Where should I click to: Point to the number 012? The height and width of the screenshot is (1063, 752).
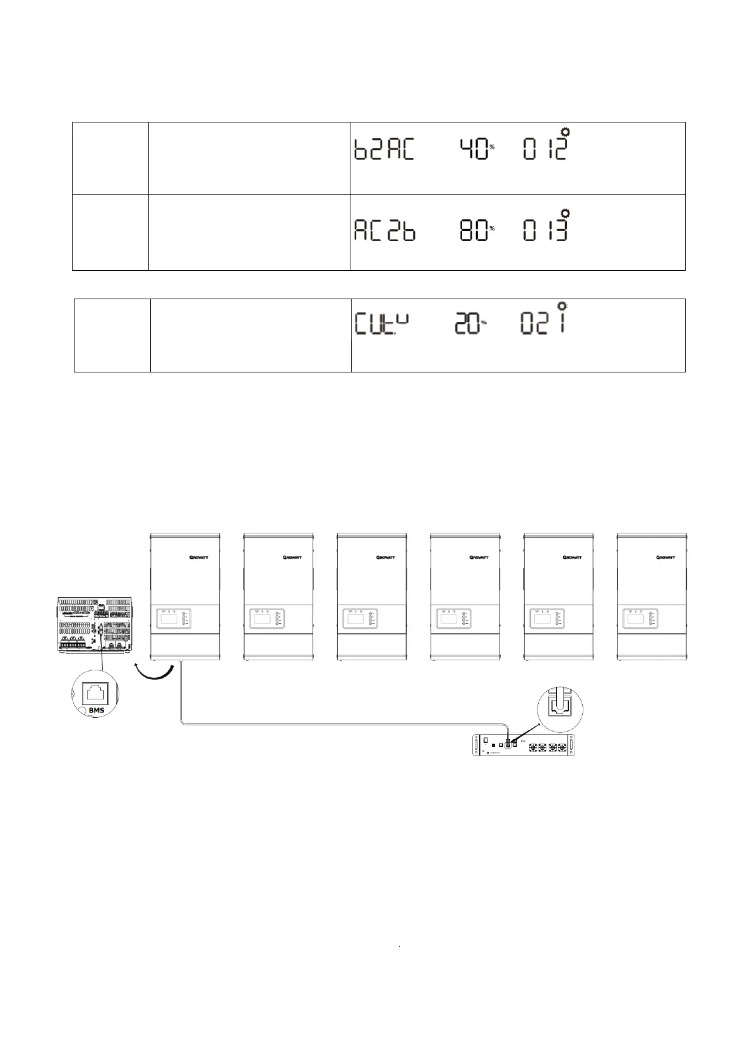coord(545,150)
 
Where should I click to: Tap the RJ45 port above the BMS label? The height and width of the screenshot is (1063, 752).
coord(95,691)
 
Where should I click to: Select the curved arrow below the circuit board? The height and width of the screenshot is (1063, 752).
coord(154,672)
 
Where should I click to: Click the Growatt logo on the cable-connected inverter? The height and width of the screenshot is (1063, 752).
coord(200,557)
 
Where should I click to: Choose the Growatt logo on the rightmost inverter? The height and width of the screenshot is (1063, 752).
coord(666,557)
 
